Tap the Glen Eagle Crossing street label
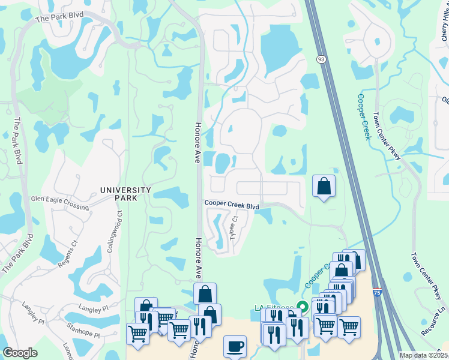coord(59,202)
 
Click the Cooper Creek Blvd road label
coord(232,205)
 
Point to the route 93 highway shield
coord(322,59)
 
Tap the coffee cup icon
coord(235,346)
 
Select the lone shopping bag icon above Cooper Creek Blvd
coord(324,187)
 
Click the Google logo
coord(20,353)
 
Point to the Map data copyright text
coord(423,355)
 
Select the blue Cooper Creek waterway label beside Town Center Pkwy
coord(363,116)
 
